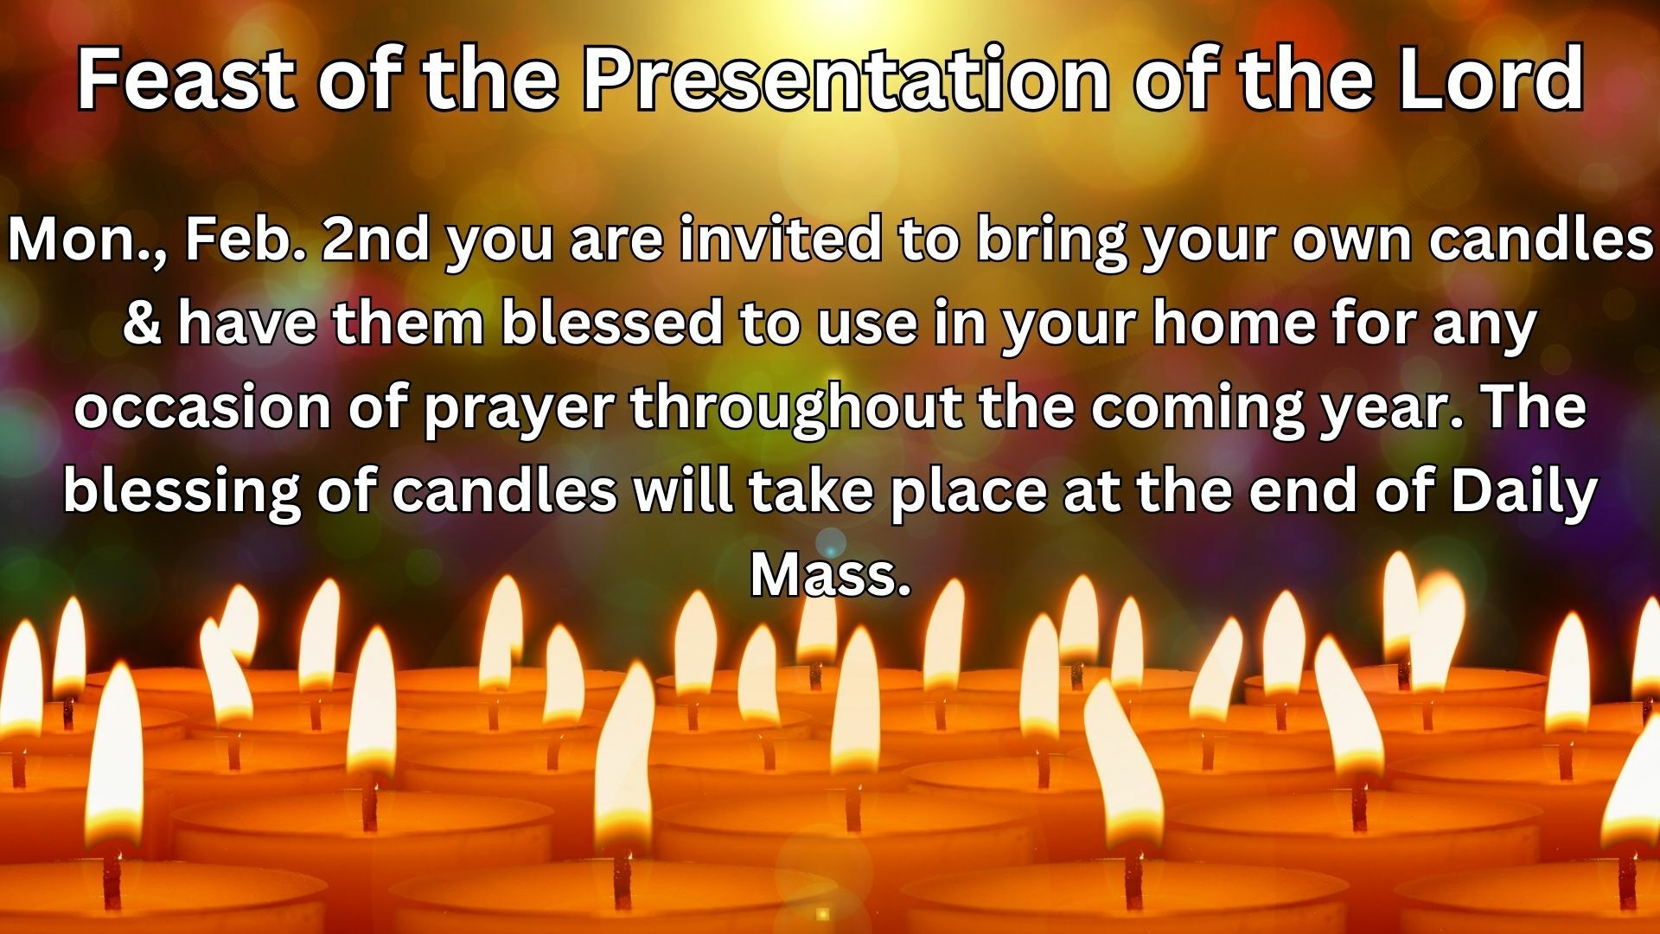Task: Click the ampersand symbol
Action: point(141,323)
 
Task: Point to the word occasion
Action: point(202,406)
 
